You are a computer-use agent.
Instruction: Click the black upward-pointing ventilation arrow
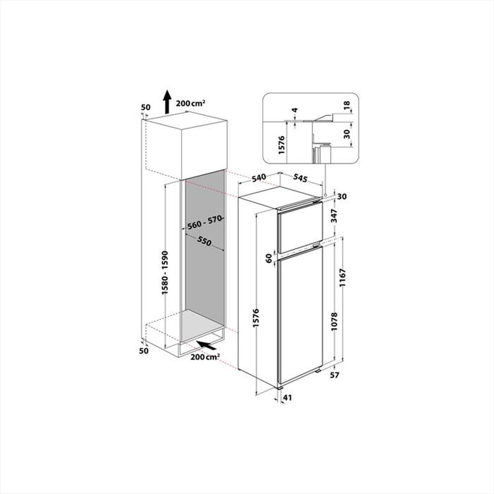coord(167,102)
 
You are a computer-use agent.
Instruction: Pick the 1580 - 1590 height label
coord(165,273)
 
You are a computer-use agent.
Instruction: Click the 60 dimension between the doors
coord(269,258)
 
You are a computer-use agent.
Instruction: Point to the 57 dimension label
coord(335,375)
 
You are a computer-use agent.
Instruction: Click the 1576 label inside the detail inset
coord(282,143)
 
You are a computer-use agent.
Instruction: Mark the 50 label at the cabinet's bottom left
coord(144,351)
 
